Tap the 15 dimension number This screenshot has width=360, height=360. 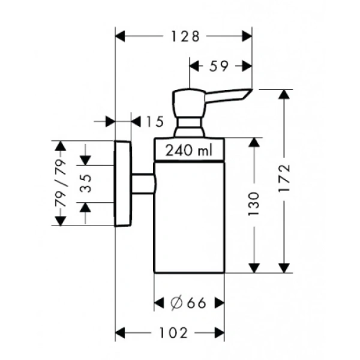pos(154,122)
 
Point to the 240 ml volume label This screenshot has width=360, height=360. pos(189,151)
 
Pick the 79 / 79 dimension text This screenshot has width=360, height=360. pos(60,183)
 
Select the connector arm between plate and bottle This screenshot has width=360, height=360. pos(143,184)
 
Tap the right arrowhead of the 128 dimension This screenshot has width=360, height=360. pos(247,37)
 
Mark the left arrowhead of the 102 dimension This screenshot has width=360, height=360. pos(120,332)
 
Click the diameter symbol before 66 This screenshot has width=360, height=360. pos(176,303)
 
